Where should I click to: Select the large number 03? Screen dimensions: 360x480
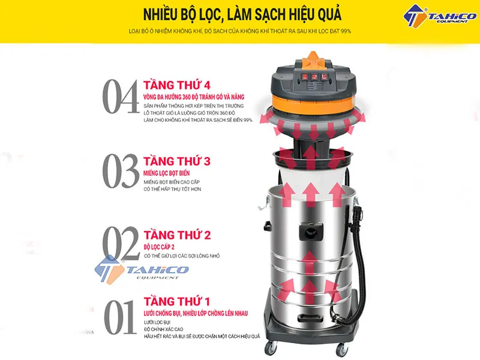click(121, 171)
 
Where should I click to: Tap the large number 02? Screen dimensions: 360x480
click(121, 244)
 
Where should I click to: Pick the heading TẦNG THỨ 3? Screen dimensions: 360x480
click(176, 161)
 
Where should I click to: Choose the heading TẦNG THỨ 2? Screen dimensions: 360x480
click(176, 234)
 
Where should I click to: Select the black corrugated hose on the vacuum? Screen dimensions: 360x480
click(359, 258)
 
